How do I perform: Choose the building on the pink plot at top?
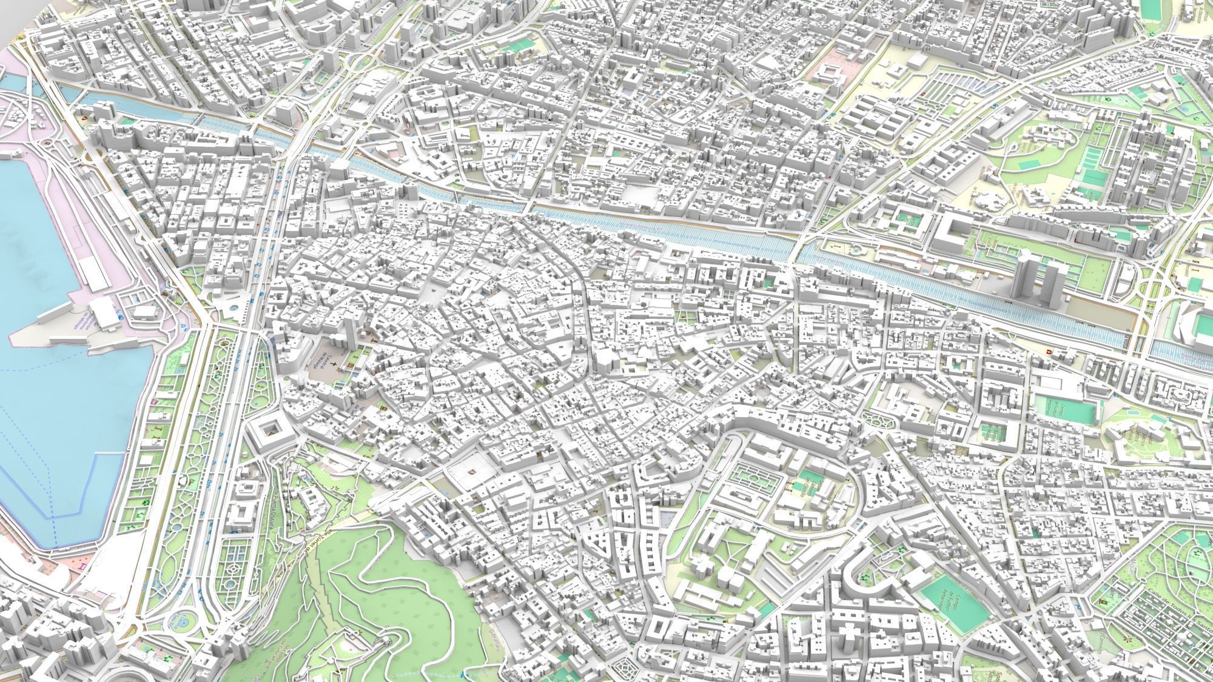(828, 73)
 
